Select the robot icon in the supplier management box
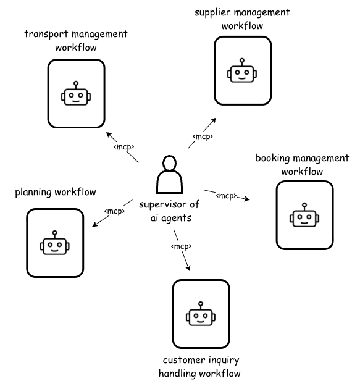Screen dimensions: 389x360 (x=242, y=72)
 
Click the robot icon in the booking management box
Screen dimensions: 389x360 (x=304, y=216)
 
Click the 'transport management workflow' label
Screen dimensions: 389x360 (x=76, y=40)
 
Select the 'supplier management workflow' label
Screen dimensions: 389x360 (x=242, y=19)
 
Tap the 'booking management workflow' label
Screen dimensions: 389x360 (x=302, y=164)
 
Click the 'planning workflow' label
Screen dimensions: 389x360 (x=56, y=193)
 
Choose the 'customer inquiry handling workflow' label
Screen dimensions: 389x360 (x=199, y=367)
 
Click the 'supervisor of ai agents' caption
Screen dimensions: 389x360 (x=169, y=211)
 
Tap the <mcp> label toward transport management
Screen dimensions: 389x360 (x=123, y=147)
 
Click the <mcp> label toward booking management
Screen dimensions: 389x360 (x=226, y=195)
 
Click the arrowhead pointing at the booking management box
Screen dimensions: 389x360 (x=247, y=199)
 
